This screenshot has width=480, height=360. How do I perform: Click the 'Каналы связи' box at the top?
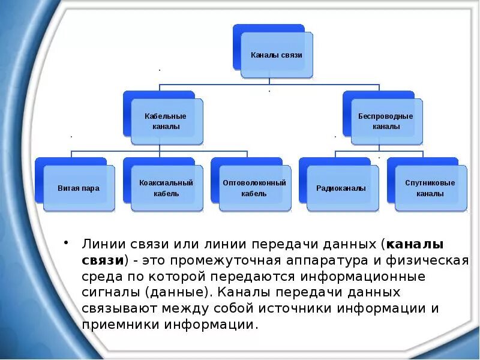(x=277, y=55)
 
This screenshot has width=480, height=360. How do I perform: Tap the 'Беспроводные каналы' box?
(x=386, y=121)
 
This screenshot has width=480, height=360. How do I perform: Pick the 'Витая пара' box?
(x=79, y=188)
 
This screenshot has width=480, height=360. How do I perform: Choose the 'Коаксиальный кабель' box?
(x=166, y=188)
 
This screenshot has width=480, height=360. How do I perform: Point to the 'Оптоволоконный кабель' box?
(x=254, y=188)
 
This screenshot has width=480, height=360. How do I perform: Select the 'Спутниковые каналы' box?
(x=430, y=188)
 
